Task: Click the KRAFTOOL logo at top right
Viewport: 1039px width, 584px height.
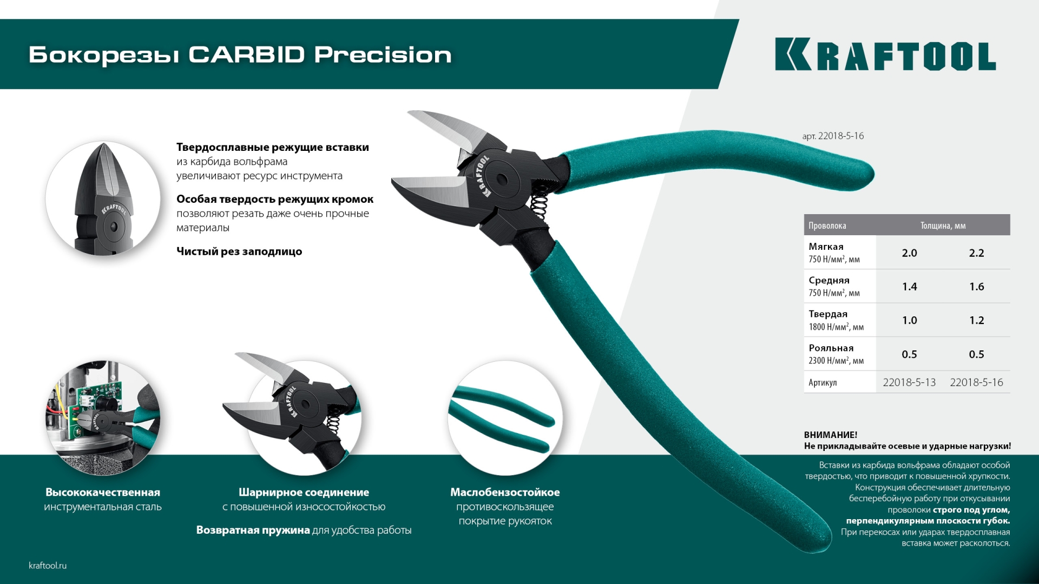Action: point(885,54)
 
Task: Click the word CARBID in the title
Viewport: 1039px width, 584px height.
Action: point(246,55)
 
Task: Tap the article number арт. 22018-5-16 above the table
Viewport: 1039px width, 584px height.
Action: point(833,136)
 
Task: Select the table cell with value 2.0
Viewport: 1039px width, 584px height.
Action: point(909,253)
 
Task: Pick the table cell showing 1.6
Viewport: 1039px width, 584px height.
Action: point(976,287)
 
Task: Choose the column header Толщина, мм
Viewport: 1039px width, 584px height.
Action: point(943,225)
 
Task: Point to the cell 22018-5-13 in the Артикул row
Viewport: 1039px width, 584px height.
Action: point(909,382)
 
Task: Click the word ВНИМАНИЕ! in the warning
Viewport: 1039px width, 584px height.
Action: point(830,435)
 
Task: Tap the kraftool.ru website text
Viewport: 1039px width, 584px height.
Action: point(48,566)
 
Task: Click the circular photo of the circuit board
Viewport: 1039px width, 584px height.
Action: point(103,417)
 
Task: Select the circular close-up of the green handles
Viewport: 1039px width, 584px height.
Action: point(505,417)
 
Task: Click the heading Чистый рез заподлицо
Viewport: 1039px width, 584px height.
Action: point(239,251)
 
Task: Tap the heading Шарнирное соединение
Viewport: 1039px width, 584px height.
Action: point(304,493)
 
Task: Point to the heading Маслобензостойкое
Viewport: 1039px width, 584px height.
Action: point(505,493)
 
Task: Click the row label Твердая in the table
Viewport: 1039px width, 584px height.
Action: point(828,314)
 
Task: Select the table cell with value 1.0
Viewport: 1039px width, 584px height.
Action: point(909,320)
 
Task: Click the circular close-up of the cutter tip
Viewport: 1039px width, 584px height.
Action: point(103,198)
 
